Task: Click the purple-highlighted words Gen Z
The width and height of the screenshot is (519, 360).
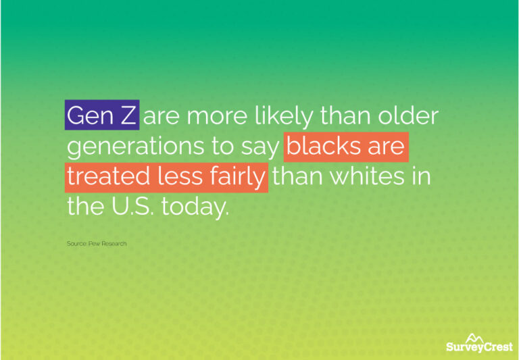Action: coord(102,116)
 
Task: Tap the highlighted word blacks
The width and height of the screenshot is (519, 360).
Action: coord(326,147)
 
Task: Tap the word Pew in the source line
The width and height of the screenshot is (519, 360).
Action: coord(94,243)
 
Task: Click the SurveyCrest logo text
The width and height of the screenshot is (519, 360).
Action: coord(479,346)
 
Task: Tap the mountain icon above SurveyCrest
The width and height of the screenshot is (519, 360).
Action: coord(476,336)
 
